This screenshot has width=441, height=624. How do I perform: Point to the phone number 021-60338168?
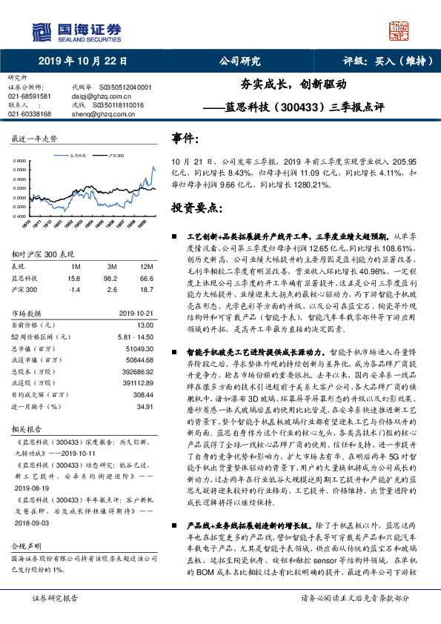pos(30,114)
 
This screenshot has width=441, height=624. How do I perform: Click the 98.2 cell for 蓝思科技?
pos(113,277)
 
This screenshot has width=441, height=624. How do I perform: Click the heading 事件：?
pos(186,138)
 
